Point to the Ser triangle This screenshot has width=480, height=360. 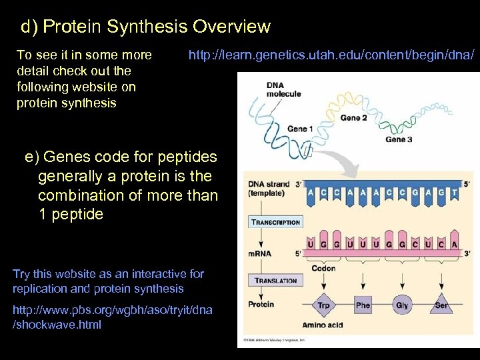point(441,305)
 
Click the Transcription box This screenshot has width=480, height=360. point(275,222)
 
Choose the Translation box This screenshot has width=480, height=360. point(275,281)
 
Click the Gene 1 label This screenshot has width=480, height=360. point(300,128)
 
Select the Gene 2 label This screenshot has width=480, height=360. point(354,117)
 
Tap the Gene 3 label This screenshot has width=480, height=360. point(399,139)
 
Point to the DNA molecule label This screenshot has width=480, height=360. point(283,89)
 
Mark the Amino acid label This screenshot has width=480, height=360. point(323,325)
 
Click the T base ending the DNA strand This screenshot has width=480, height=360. point(455,193)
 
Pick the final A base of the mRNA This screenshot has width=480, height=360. point(455,245)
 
